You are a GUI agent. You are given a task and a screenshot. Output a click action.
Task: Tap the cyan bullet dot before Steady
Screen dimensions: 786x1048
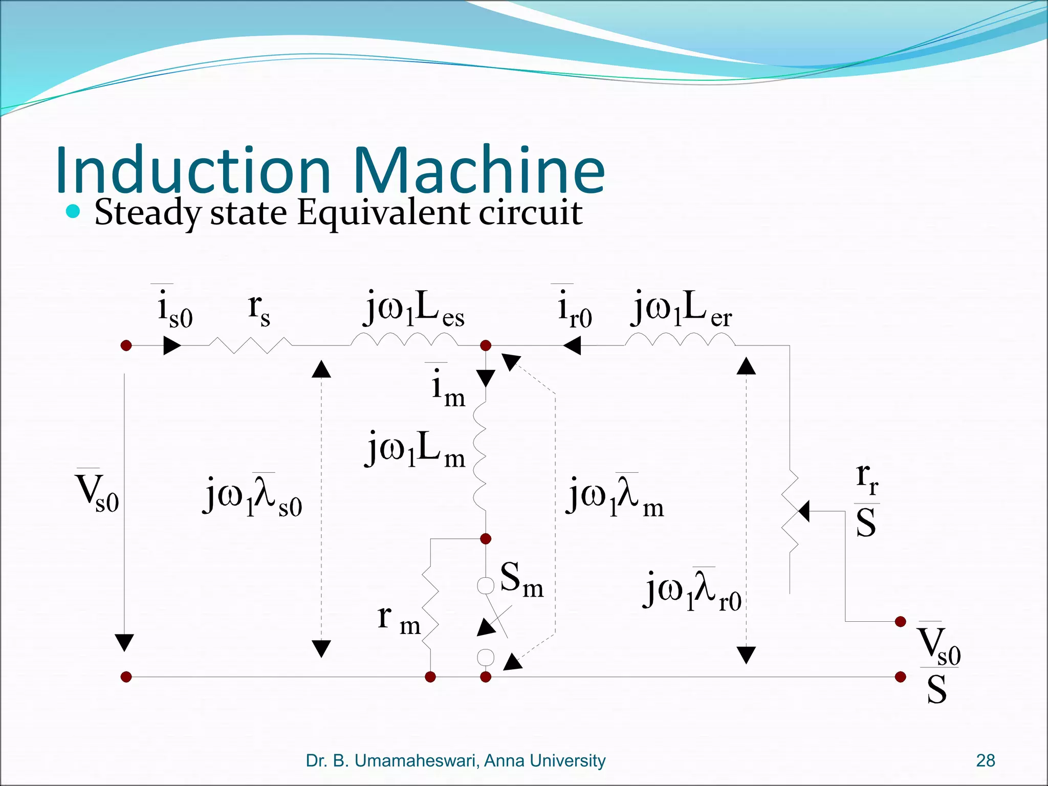pos(73,211)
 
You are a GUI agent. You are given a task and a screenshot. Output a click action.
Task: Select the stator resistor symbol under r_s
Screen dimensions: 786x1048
pos(251,345)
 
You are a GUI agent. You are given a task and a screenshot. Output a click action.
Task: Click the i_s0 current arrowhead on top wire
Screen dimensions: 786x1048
pos(172,345)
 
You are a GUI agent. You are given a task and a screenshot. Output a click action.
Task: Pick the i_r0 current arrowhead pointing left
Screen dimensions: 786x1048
pos(572,345)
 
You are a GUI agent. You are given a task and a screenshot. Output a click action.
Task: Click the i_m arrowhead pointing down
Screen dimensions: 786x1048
pos(486,379)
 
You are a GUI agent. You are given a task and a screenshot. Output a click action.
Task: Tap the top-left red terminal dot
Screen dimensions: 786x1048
pos(126,345)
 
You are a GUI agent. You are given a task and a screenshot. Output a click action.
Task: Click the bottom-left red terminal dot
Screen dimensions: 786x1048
pos(126,677)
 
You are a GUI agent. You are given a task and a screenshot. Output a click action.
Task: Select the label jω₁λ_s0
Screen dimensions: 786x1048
pos(254,496)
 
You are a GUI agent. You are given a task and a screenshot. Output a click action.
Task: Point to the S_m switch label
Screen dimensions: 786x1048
pos(521,579)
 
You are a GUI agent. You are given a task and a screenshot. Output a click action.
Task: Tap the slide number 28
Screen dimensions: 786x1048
pos(985,760)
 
